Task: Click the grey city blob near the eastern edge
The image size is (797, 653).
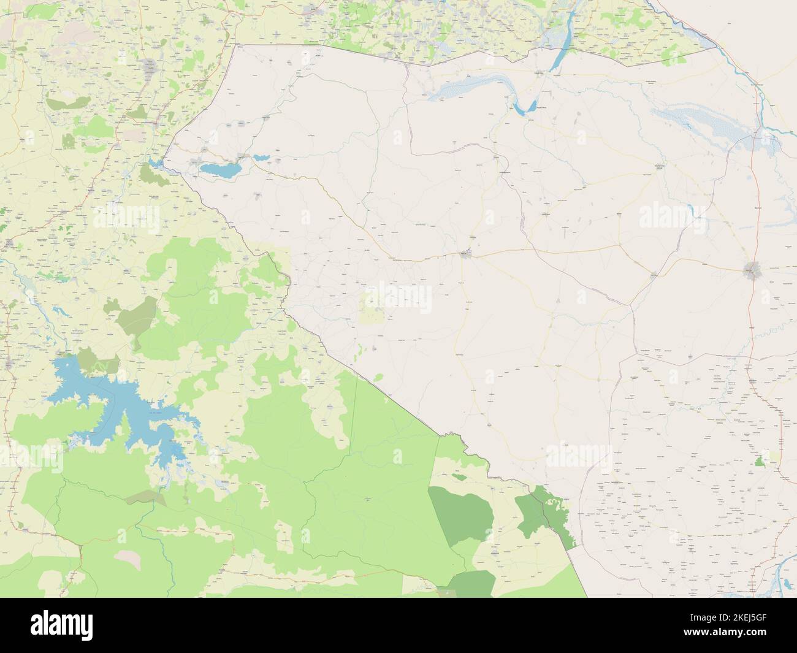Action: (x=752, y=269)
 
